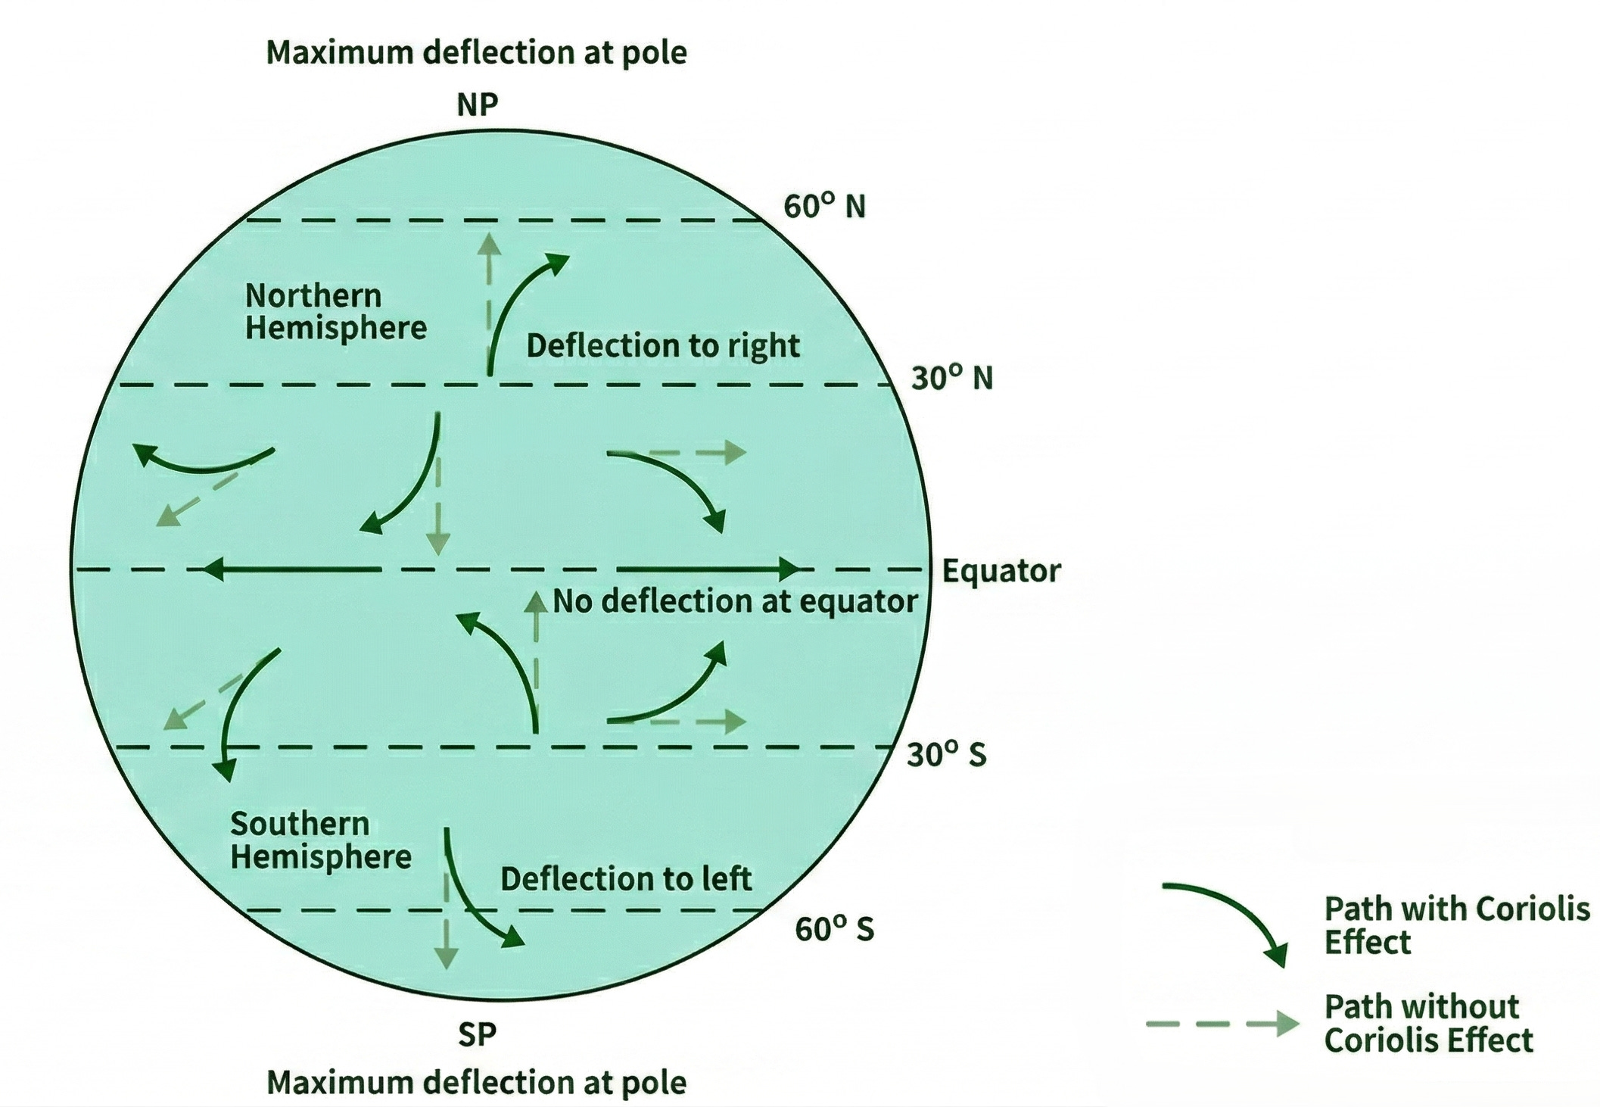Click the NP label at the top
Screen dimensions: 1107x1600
click(x=478, y=104)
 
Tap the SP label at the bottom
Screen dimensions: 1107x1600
click(x=477, y=1034)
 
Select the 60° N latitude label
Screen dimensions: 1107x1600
click(x=824, y=206)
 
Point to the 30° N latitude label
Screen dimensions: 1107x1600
click(x=951, y=377)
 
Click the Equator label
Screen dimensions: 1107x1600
click(x=1001, y=571)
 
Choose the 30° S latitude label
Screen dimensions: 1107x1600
click(x=947, y=754)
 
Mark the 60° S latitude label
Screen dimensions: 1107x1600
click(x=834, y=928)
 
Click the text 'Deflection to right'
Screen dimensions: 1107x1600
click(x=662, y=346)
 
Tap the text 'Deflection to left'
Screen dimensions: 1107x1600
click(x=626, y=879)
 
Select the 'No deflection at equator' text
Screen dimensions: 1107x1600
click(x=735, y=601)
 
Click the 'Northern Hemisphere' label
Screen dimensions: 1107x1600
click(x=335, y=312)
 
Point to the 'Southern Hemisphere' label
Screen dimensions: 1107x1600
click(x=320, y=840)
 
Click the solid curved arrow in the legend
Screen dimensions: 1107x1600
click(x=1227, y=917)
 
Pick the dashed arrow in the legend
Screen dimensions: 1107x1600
click(x=1222, y=1024)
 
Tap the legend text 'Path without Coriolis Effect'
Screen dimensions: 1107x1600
click(x=1427, y=1024)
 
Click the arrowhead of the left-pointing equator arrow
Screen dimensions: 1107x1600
click(x=213, y=569)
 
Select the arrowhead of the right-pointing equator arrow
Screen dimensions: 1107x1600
click(x=789, y=569)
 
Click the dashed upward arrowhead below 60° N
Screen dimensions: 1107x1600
click(x=490, y=244)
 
